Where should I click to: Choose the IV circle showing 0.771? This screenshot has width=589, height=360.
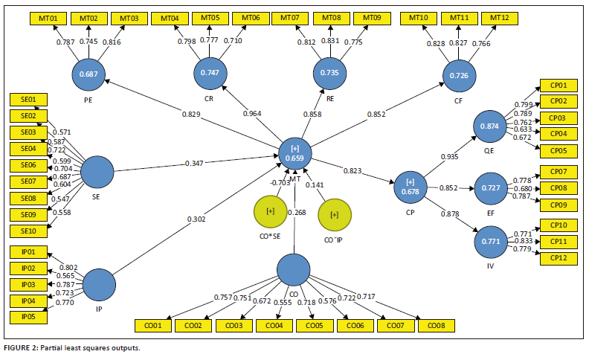coord(490,242)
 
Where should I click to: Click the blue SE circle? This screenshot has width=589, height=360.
coord(97,173)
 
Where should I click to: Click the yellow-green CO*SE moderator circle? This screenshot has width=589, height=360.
coord(271,212)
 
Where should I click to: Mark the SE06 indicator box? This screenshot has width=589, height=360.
coord(29,165)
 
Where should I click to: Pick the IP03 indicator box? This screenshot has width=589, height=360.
coord(29,284)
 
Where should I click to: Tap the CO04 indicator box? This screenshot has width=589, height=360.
coord(274,325)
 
